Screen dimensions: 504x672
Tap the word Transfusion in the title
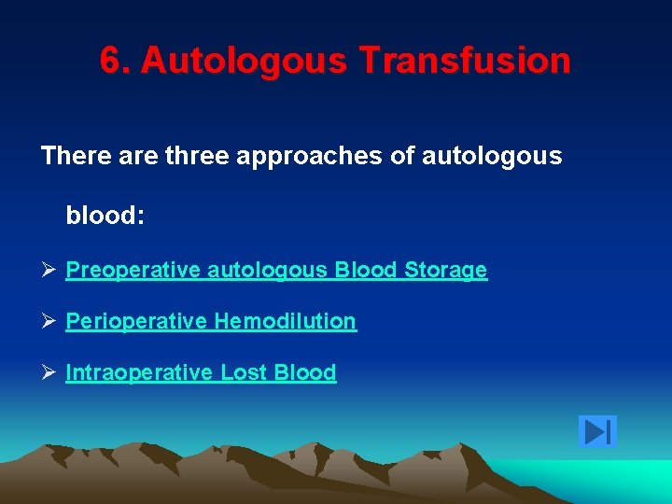[464, 62]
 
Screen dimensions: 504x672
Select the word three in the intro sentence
[202, 156]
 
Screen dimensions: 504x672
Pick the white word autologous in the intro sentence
[492, 156]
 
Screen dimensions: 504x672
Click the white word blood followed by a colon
[105, 216]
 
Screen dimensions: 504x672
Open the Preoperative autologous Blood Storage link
[276, 271]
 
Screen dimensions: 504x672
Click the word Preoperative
[133, 271]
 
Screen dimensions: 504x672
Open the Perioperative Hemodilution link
[211, 322]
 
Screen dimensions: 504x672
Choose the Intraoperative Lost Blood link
[201, 373]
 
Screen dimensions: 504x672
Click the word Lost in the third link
[244, 373]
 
